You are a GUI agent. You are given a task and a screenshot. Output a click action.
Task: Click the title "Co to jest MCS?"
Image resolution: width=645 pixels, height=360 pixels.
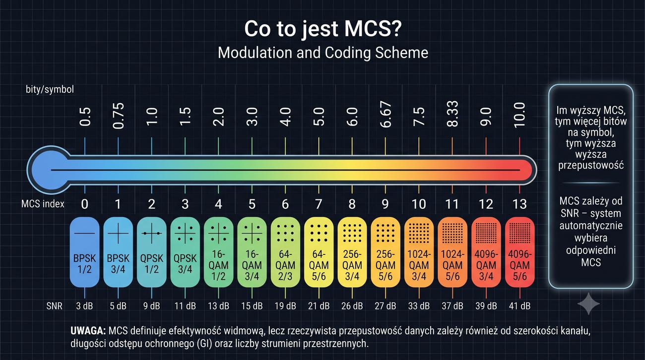point(322,29)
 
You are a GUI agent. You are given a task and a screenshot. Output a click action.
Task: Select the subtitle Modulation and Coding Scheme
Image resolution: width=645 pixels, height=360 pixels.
point(323,53)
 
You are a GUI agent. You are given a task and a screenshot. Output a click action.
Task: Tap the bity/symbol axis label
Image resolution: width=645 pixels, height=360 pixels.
point(50,89)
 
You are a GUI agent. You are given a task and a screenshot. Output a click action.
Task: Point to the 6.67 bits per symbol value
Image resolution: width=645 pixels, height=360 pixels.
point(386,114)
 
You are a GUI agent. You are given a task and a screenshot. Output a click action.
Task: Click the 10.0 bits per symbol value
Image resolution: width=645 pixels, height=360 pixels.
point(519,115)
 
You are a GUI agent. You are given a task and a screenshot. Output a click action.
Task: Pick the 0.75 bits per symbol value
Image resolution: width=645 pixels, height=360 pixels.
point(118,116)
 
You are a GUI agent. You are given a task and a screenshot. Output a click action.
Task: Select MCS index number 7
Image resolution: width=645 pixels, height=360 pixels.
point(319,204)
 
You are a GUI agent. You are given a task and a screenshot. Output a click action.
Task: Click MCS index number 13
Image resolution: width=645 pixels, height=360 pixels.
point(519,204)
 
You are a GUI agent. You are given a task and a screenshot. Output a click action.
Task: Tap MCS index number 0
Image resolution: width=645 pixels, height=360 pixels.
point(84,204)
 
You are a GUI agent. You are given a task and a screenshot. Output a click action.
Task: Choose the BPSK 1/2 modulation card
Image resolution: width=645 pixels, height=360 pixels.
point(84,252)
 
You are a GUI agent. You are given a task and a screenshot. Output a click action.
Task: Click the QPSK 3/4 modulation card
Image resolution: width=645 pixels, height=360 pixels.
point(185,252)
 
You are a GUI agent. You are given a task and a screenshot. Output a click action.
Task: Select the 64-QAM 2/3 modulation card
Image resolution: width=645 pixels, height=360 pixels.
point(285,252)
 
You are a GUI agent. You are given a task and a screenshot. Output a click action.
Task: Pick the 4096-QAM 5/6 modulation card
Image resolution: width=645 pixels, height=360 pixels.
point(519,252)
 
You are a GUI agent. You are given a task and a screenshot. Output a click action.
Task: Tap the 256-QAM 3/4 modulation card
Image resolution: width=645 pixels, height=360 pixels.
point(352,252)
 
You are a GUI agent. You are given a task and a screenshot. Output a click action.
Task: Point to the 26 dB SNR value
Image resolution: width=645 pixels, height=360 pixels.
point(352,306)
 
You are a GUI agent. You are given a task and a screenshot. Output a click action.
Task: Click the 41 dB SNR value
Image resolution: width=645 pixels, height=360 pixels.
point(519,306)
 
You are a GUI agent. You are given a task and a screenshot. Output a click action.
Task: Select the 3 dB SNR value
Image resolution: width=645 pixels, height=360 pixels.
point(84,306)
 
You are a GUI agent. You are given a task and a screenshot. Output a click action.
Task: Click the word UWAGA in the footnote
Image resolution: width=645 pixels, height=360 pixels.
point(88,331)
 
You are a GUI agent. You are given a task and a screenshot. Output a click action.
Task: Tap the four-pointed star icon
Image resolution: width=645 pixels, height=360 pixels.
point(588,303)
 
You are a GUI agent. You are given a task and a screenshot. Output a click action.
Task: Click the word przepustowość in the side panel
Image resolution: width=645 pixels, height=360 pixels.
point(591,166)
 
